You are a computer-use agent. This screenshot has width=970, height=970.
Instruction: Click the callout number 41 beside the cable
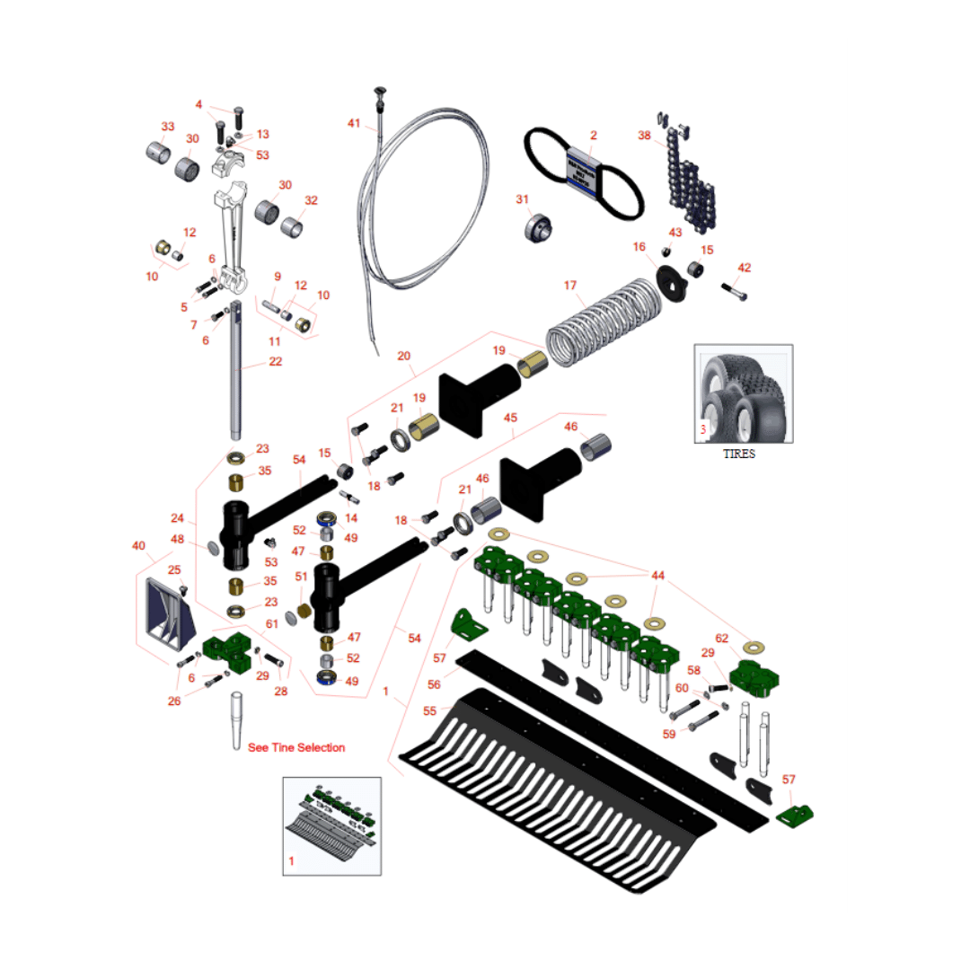coord(353,123)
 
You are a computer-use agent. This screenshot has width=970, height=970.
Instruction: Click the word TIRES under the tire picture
coord(739,454)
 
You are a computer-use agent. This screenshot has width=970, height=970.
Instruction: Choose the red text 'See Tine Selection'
coord(296,747)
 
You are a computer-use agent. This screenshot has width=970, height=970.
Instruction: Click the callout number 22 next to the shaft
coord(275,361)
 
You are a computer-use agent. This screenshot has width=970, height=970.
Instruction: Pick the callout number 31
coord(522,198)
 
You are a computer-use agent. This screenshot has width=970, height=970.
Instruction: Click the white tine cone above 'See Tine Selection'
coord(237,719)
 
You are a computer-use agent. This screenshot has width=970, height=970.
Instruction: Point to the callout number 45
coord(510,418)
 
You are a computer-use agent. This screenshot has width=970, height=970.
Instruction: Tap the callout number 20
coord(403,356)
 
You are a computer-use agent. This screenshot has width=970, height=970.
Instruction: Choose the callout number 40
coord(137,545)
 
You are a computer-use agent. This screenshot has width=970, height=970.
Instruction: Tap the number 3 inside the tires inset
coord(703,429)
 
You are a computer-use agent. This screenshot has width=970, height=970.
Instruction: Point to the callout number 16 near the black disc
coord(639,247)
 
